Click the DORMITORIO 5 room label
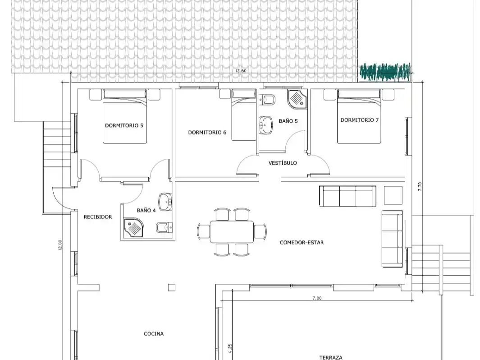point(124,125)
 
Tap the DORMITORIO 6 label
point(207,132)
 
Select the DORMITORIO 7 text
point(359,120)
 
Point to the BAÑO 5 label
point(288,121)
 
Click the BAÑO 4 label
point(146,211)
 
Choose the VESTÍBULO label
point(283,163)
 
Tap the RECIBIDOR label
point(98,217)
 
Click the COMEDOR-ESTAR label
point(302,242)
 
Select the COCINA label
point(154,334)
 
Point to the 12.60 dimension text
point(241,71)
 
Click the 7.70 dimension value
point(420,187)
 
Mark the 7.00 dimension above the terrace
point(317,298)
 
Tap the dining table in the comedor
point(232,231)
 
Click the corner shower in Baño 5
point(297,99)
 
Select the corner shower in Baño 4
point(133,228)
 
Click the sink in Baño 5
point(266,125)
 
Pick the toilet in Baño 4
point(165,228)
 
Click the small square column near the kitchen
point(171,287)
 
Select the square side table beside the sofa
point(393,195)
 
